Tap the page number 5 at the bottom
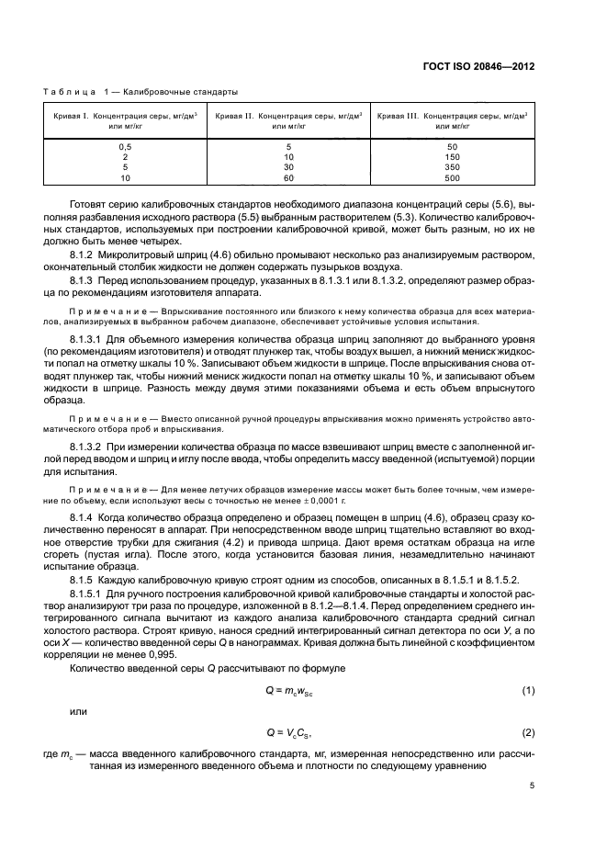533,785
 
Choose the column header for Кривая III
452,121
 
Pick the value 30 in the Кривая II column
288,167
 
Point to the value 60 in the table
288,177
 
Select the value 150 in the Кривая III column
452,157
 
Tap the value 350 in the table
452,167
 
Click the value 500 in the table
452,177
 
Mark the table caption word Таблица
68,92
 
